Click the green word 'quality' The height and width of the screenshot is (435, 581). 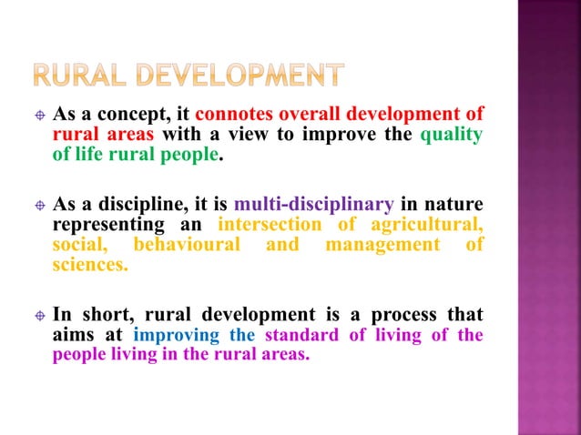point(451,135)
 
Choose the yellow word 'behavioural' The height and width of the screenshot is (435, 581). point(187,244)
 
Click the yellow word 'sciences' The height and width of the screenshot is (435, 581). point(90,264)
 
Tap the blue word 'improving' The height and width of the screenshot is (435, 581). point(176,335)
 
